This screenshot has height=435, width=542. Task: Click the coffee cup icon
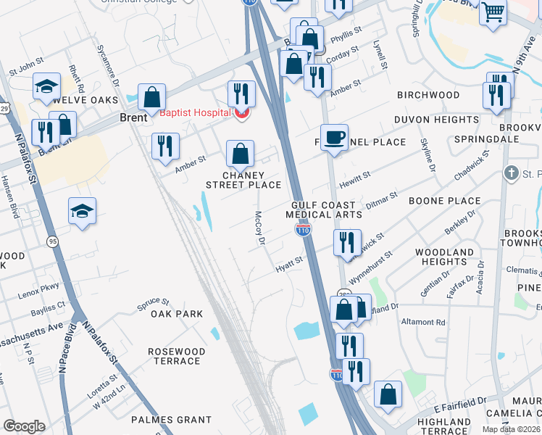point(334,138)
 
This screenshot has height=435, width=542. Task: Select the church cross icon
point(512,173)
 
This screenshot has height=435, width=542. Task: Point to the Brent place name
point(134,117)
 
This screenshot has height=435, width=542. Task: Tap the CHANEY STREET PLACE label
point(241,180)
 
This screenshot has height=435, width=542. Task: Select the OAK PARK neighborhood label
point(177,314)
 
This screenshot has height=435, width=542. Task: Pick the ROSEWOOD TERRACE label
point(177,356)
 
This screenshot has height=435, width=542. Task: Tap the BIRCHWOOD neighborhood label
point(428,95)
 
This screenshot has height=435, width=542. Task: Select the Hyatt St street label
point(288,268)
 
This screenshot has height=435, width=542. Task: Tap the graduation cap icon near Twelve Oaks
point(46,86)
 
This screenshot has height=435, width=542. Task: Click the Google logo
point(24,426)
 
